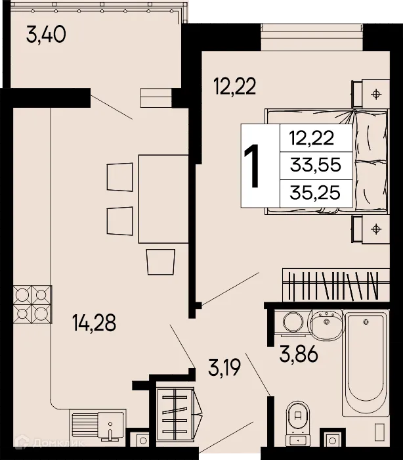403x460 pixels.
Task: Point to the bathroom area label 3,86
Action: point(299,356)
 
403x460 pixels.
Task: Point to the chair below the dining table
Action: point(161,262)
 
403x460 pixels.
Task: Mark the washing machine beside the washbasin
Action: point(291,322)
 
